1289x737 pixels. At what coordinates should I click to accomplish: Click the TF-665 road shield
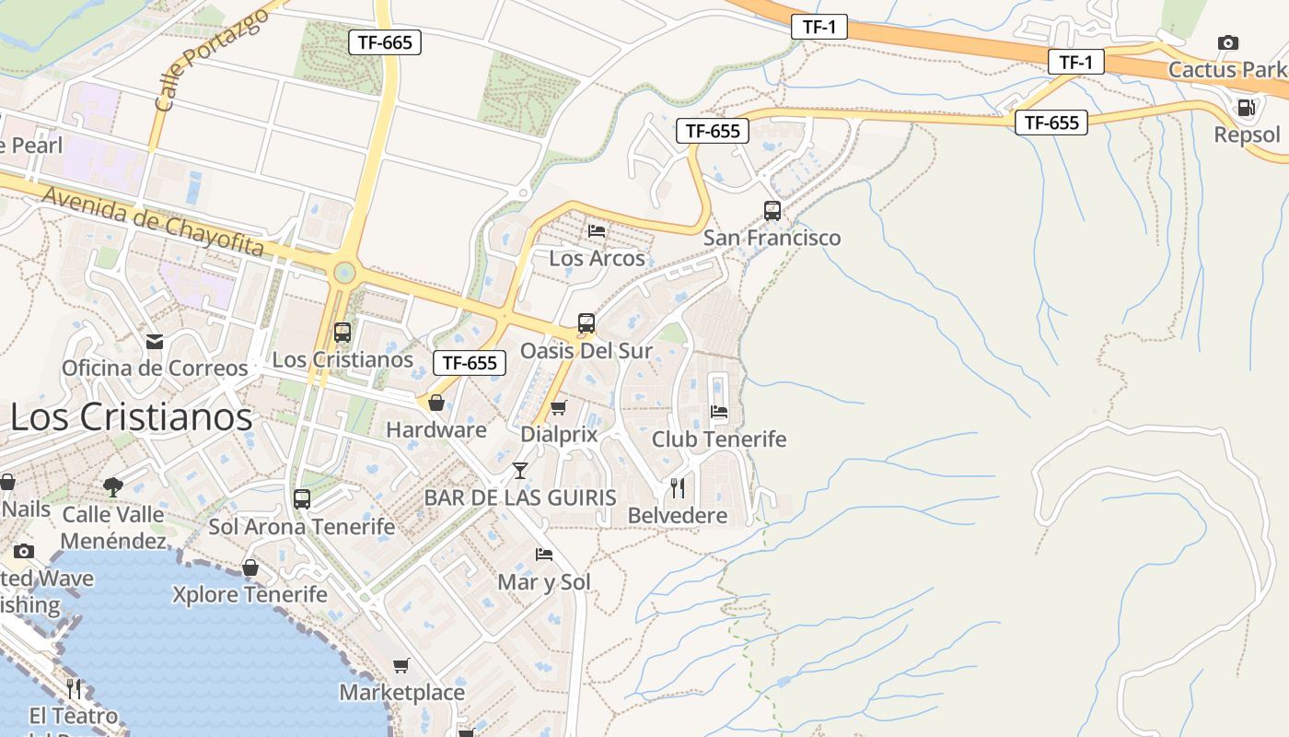tap(385, 41)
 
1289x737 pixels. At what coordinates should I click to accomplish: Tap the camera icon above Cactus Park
tap(1227, 42)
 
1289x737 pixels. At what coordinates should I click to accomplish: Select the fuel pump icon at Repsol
tap(1246, 108)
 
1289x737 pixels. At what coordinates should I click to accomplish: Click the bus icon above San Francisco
tap(772, 210)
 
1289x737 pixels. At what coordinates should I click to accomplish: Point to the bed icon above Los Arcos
tap(597, 231)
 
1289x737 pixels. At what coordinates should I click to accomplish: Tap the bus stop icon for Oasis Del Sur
tap(586, 323)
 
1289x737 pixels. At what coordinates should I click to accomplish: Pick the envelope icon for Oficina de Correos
tap(155, 342)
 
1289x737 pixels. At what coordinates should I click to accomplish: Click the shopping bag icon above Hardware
tap(436, 403)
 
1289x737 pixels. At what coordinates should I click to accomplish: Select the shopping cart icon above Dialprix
tap(558, 407)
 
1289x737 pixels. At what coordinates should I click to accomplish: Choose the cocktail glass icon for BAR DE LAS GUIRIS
tap(520, 471)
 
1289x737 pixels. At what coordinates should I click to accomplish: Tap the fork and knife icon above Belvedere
tap(678, 487)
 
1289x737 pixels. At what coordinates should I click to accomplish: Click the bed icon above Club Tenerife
tap(719, 411)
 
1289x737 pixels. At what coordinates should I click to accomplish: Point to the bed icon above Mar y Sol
tap(544, 555)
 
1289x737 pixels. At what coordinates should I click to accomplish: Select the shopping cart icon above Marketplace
tap(401, 665)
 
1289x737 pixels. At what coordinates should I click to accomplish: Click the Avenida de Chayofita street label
tap(153, 222)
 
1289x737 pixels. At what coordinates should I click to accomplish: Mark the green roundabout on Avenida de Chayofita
tap(344, 272)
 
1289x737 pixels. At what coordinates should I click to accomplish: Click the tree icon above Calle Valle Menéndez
tap(113, 486)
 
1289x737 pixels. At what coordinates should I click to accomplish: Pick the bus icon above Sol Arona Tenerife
tap(302, 499)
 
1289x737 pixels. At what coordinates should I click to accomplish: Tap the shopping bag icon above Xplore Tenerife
tap(250, 567)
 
